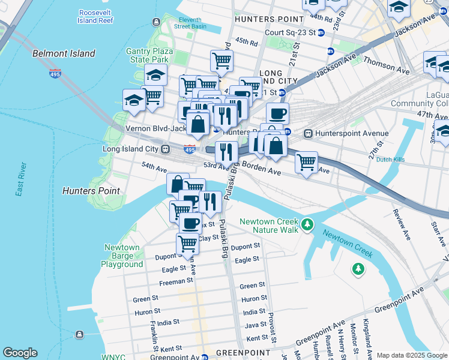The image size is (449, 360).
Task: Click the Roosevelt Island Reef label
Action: [95, 16]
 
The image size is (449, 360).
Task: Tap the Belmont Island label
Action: [64, 53]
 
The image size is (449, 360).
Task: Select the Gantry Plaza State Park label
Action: [148, 56]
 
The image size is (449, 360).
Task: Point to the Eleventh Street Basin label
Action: [190, 23]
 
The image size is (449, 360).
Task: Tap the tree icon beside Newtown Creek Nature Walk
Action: [307, 225]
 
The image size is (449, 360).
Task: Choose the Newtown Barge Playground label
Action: [122, 256]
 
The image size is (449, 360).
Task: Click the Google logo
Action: [20, 353]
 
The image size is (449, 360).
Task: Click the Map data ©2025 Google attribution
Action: [411, 355]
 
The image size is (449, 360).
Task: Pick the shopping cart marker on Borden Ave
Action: [306, 161]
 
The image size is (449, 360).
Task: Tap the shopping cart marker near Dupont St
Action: [187, 244]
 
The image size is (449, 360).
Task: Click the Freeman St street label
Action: [176, 280]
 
